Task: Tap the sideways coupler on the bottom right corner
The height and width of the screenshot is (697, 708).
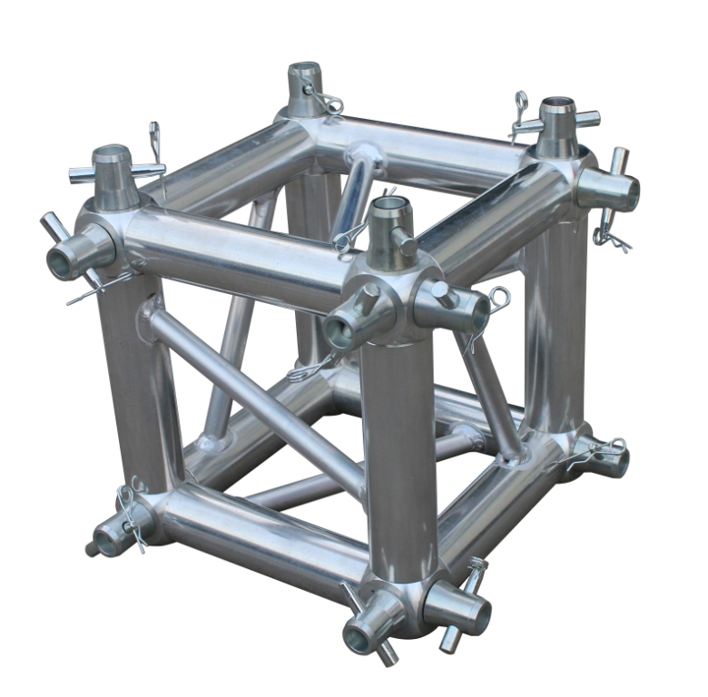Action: coord(603,459)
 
